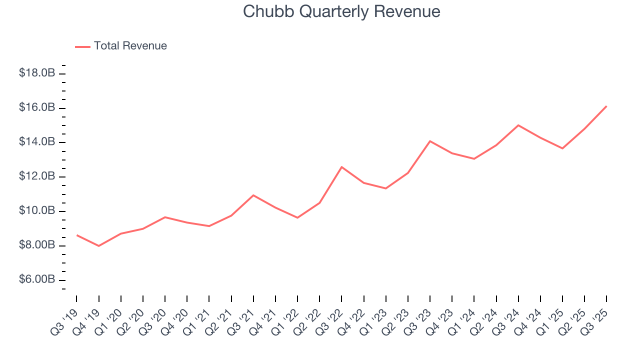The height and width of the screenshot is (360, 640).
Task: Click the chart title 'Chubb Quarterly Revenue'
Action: (341, 11)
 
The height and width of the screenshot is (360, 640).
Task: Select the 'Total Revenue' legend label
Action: (130, 46)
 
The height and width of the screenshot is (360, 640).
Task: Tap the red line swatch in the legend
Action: (82, 46)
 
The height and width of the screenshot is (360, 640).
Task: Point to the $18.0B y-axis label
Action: (37, 73)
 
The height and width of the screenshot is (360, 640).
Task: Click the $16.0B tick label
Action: (37, 107)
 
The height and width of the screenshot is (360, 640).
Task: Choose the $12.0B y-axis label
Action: (37, 176)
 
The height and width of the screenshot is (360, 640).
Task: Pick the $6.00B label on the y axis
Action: (37, 279)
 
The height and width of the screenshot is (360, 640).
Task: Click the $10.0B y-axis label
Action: (37, 210)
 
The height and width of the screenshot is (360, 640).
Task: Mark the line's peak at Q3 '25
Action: (606, 106)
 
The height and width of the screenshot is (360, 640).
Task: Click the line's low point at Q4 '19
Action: (98, 246)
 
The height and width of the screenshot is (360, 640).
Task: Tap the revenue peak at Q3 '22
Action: (341, 167)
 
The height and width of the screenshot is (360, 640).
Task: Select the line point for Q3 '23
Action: (430, 141)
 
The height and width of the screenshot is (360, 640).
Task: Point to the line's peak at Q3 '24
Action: (518, 125)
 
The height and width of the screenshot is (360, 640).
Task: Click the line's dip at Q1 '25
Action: (562, 148)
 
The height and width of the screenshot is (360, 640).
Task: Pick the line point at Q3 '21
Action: (253, 195)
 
